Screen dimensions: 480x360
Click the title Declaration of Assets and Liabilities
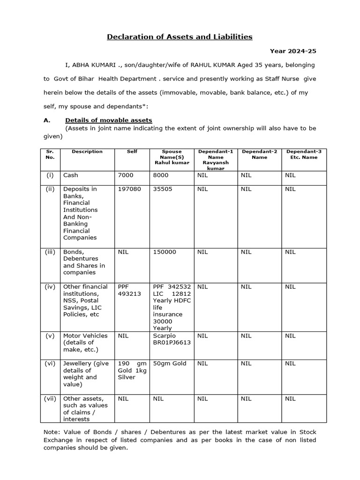[180, 37]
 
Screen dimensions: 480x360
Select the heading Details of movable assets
[108, 120]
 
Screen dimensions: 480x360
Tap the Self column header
[132, 152]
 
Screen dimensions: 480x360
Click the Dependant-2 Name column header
[259, 155]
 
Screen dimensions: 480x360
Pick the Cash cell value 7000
[126, 175]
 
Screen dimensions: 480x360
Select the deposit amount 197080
[129, 189]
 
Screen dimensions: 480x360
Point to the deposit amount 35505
[163, 189]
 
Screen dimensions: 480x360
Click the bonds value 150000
[165, 252]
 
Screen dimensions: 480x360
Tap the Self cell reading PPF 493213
[129, 290]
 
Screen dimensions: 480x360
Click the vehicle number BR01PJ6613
[172, 343]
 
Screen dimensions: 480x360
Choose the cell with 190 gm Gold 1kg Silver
[132, 370]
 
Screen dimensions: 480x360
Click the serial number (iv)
[50, 287]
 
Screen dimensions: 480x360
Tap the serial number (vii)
[50, 399]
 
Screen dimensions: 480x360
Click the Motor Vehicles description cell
[85, 343]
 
